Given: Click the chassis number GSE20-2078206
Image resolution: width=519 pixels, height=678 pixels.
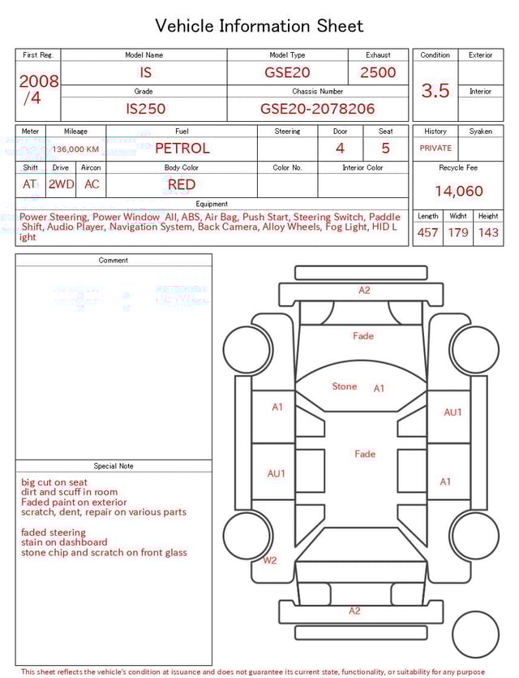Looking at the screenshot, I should (317, 109).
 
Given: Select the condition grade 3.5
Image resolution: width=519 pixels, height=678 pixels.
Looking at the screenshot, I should (435, 91).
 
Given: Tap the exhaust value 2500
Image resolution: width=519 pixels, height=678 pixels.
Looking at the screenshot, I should (378, 72).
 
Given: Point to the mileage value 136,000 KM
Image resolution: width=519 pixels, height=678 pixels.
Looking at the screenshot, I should (75, 149).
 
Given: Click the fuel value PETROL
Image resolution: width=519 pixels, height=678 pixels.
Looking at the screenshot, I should (182, 149).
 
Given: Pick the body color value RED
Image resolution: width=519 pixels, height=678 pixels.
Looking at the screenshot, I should (182, 184).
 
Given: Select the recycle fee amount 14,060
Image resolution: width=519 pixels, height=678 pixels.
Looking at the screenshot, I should (458, 192).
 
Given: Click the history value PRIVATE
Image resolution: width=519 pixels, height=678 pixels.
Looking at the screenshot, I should (435, 149).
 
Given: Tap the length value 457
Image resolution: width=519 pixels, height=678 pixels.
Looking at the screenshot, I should (427, 233).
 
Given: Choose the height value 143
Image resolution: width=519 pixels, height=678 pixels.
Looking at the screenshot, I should (488, 233).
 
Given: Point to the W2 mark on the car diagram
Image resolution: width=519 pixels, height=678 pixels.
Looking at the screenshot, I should (269, 560).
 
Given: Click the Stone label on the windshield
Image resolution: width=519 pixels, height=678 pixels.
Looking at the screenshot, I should (344, 387).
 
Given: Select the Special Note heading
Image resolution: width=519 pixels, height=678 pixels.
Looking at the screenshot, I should (114, 466).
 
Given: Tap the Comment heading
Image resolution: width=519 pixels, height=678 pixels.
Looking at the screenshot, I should (114, 261).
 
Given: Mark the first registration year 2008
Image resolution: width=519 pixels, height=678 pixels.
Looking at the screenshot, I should (38, 81).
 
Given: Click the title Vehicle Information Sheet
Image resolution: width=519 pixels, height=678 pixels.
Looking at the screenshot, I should (259, 26).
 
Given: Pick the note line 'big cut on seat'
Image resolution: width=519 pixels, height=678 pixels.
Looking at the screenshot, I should (54, 482).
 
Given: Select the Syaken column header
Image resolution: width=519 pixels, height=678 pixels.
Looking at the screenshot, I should (480, 131).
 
